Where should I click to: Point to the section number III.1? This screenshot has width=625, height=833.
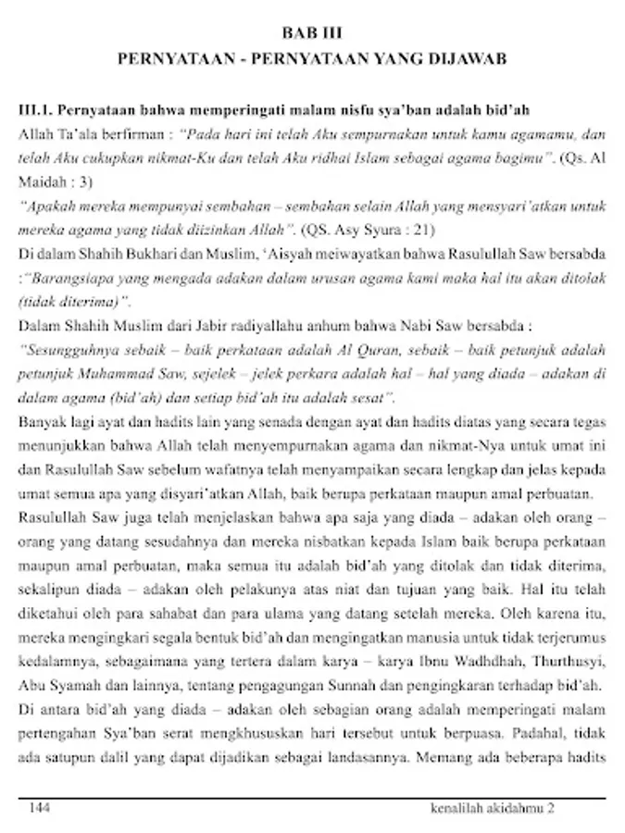tap(37, 110)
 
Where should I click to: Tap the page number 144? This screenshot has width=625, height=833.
tap(40, 807)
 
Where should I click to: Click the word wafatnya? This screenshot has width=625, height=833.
tap(217, 470)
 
